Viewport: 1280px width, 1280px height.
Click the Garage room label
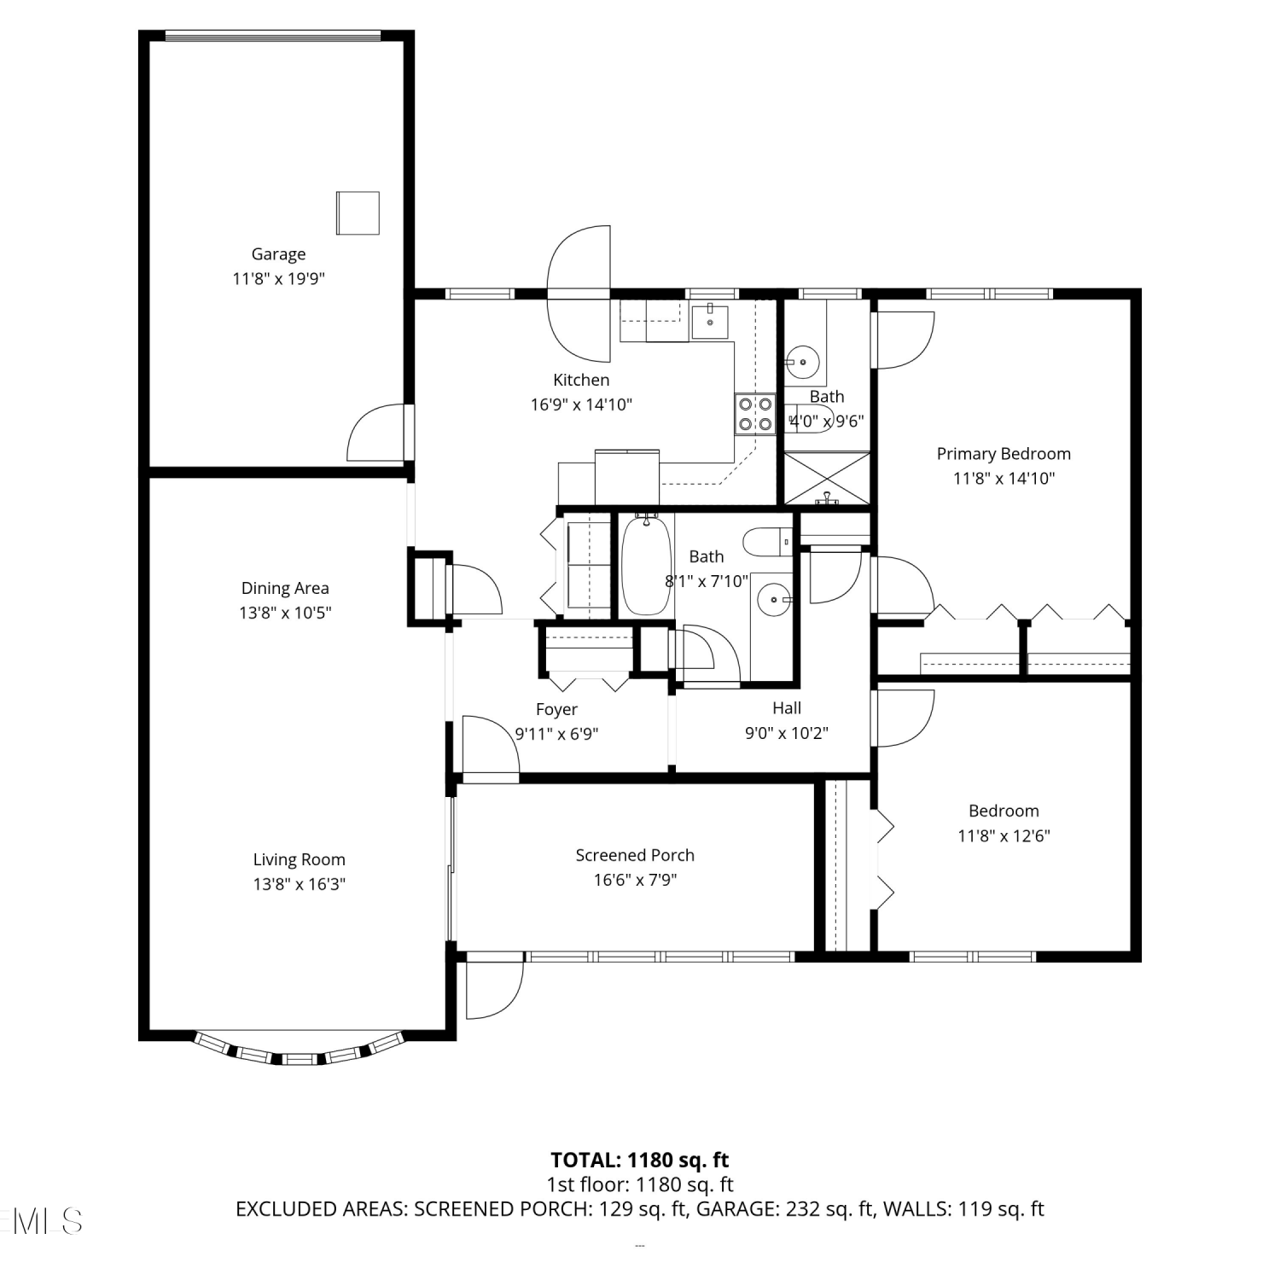tap(278, 254)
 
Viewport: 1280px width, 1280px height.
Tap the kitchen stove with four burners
tap(755, 414)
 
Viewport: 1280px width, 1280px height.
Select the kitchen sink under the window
tap(709, 321)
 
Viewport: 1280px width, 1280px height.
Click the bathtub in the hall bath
tap(646, 564)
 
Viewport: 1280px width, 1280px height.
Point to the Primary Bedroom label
tap(1004, 454)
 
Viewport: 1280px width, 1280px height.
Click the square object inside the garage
tap(358, 212)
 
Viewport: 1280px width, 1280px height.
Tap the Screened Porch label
tap(635, 855)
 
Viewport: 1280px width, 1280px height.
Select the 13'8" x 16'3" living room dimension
tap(299, 884)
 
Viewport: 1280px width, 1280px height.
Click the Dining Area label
tap(285, 588)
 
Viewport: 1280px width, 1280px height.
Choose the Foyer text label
tap(556, 709)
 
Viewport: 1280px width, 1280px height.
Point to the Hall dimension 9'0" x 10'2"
tap(787, 732)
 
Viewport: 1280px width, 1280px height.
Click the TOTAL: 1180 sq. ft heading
tap(640, 1160)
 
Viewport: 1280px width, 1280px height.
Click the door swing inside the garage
tap(376, 433)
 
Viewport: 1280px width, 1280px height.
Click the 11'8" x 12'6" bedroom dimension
tap(1004, 835)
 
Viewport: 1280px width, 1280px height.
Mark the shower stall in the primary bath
tap(827, 479)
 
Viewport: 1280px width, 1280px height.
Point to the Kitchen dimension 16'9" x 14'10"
tap(581, 404)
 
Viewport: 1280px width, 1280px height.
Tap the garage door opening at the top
tap(273, 36)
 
